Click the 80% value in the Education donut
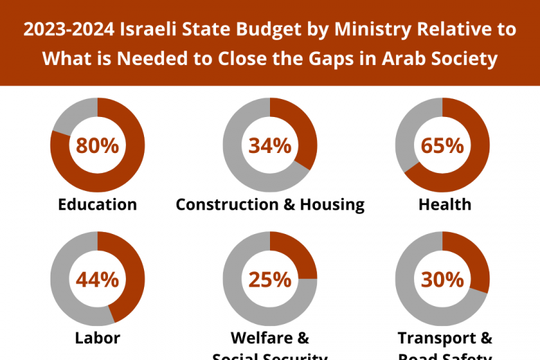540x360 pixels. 98,145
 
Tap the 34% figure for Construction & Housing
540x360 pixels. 270,145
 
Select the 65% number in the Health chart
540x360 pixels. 442,145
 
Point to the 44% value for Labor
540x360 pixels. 98,279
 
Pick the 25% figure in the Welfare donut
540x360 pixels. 270,279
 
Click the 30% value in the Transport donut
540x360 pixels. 442,279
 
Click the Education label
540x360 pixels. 98,204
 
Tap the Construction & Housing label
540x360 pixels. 270,204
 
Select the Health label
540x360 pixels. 444,204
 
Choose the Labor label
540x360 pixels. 98,338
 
